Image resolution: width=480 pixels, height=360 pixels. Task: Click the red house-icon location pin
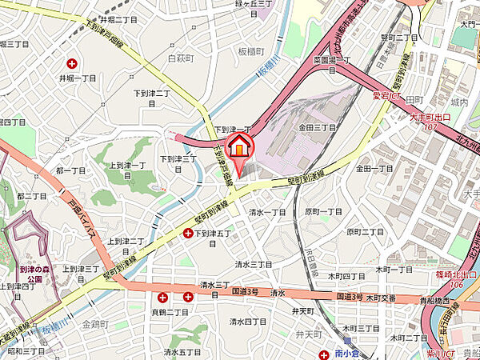coord(239,148)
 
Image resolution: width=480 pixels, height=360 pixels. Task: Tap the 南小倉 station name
coord(350,353)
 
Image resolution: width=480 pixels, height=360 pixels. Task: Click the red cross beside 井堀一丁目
coord(74,63)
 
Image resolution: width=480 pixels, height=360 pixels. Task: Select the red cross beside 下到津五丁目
coord(189,234)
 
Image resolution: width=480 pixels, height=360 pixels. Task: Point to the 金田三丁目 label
coord(317,127)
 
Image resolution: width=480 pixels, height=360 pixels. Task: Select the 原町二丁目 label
coord(366,231)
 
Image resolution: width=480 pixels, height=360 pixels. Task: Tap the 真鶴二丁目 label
coord(169,311)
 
